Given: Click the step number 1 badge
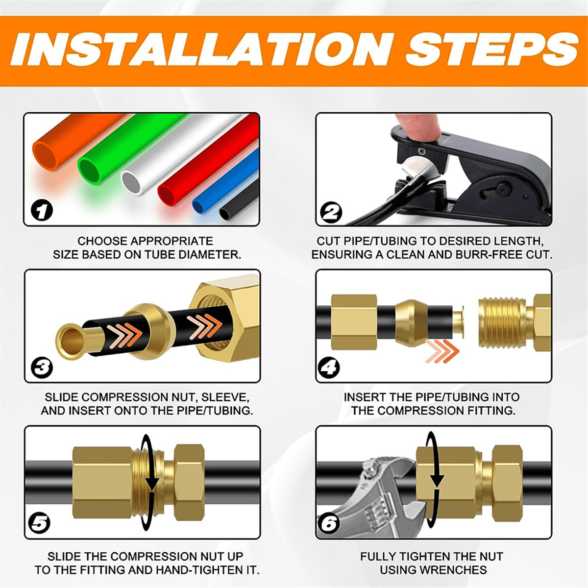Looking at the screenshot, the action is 42,211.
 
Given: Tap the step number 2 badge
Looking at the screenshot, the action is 331,212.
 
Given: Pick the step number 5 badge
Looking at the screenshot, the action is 39,524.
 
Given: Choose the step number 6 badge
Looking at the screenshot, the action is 329,524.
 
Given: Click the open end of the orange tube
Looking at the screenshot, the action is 46,156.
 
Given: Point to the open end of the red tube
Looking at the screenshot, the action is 167,193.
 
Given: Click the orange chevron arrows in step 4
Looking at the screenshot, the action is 442,351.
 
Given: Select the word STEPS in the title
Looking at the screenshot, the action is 491,50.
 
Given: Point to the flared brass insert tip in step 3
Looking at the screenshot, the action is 71,341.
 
